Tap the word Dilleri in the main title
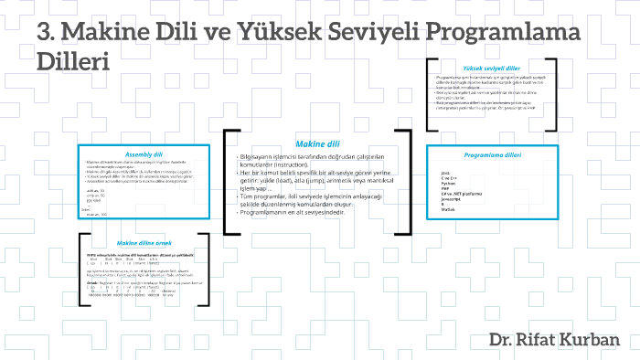tap(73, 63)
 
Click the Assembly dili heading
tap(144, 154)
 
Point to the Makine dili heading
tap(316, 143)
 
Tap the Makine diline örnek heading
tap(144, 243)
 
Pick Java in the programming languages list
tap(444, 173)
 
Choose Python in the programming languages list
tap(448, 183)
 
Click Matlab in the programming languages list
tap(447, 209)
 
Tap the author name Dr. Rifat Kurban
tap(554, 340)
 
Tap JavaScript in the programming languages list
tap(451, 198)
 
